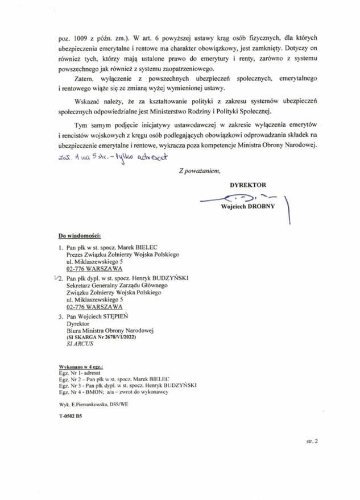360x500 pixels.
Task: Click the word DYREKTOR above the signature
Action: pos(248,185)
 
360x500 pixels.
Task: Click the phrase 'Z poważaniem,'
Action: pos(198,170)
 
